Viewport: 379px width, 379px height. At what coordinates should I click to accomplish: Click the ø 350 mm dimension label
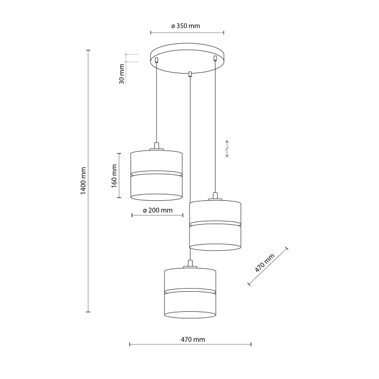click(x=186, y=25)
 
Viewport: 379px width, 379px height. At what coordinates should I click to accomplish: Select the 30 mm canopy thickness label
click(x=122, y=73)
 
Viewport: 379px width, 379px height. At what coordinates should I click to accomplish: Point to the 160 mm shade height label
click(x=114, y=174)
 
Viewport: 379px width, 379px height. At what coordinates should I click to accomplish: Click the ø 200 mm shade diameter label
click(x=157, y=210)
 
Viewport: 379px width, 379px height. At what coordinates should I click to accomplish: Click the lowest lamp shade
click(x=190, y=292)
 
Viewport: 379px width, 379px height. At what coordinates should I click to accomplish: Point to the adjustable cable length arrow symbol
click(x=227, y=149)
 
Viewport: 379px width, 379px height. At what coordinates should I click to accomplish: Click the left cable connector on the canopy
click(x=156, y=60)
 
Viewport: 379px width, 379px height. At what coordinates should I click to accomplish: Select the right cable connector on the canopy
click(x=215, y=58)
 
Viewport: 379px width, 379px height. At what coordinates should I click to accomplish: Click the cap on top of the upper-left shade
click(x=156, y=146)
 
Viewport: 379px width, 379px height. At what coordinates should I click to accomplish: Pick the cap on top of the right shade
click(x=215, y=196)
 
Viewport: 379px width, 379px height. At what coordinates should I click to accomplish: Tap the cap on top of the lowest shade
click(x=190, y=264)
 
